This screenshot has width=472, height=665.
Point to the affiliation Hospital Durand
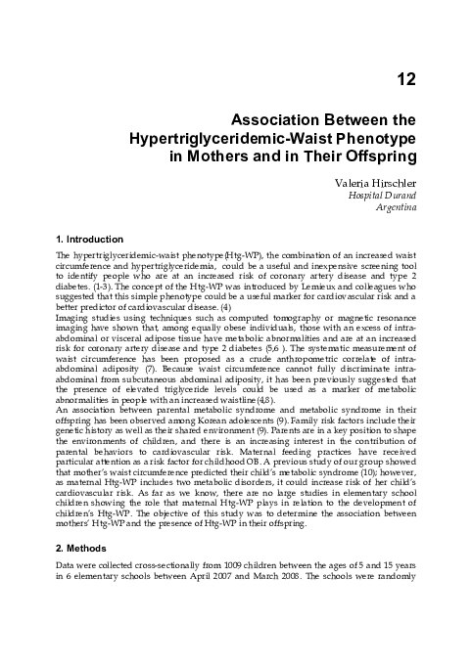pos(384,195)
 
